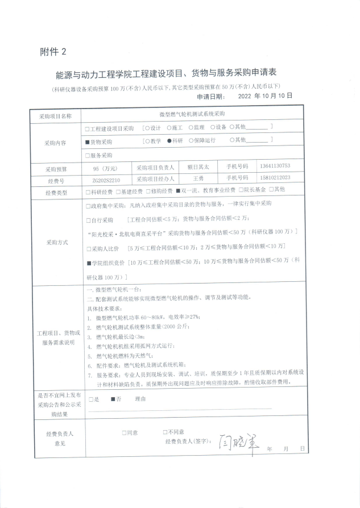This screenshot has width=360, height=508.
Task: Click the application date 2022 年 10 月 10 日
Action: [265, 96]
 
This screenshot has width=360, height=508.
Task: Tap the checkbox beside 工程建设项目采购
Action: [87, 127]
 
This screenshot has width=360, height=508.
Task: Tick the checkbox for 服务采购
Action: [87, 155]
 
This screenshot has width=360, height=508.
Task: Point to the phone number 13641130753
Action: [274, 166]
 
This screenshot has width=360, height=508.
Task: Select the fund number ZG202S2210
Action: [106, 179]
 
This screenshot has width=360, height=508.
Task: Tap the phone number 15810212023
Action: [274, 178]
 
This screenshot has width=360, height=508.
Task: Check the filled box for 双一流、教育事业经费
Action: [178, 190]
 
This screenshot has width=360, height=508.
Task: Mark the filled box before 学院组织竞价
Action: [88, 263]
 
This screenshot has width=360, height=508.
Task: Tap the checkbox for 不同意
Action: [165, 432]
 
